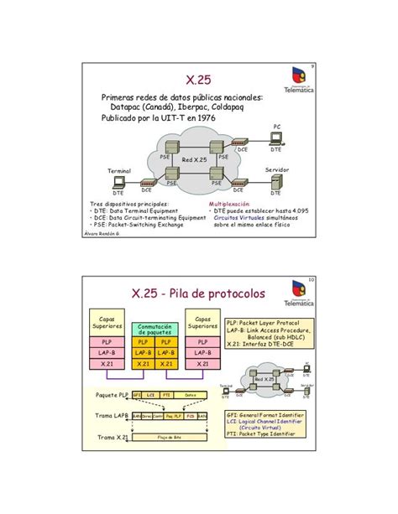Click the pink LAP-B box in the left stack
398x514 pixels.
coord(107,354)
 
